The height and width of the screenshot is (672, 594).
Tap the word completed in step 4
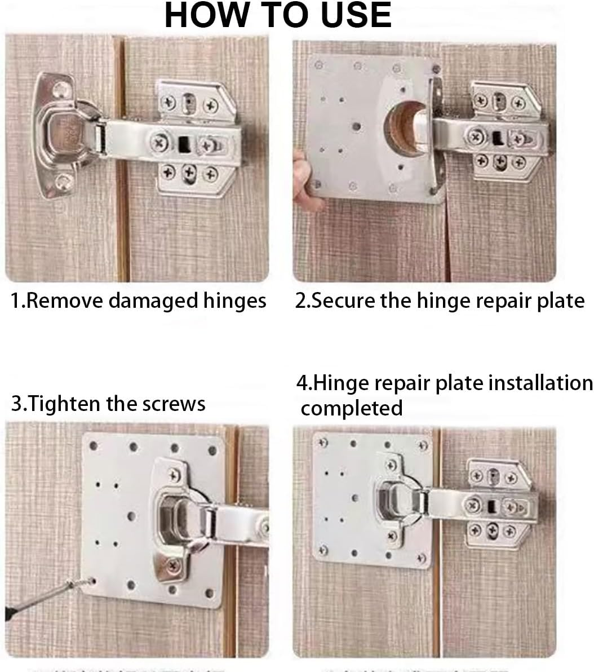[x=352, y=408]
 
